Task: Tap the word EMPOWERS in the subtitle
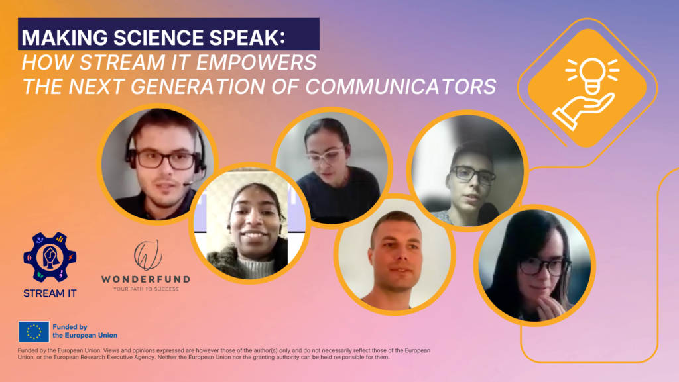257,62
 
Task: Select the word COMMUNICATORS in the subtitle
401,87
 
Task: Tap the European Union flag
34,332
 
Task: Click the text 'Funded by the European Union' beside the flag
85,331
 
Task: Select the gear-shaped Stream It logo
50,258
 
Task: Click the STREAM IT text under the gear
50,293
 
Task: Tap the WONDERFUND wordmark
146,279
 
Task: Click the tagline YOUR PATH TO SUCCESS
146,289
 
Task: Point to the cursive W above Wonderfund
148,255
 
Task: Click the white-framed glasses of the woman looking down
325,155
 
